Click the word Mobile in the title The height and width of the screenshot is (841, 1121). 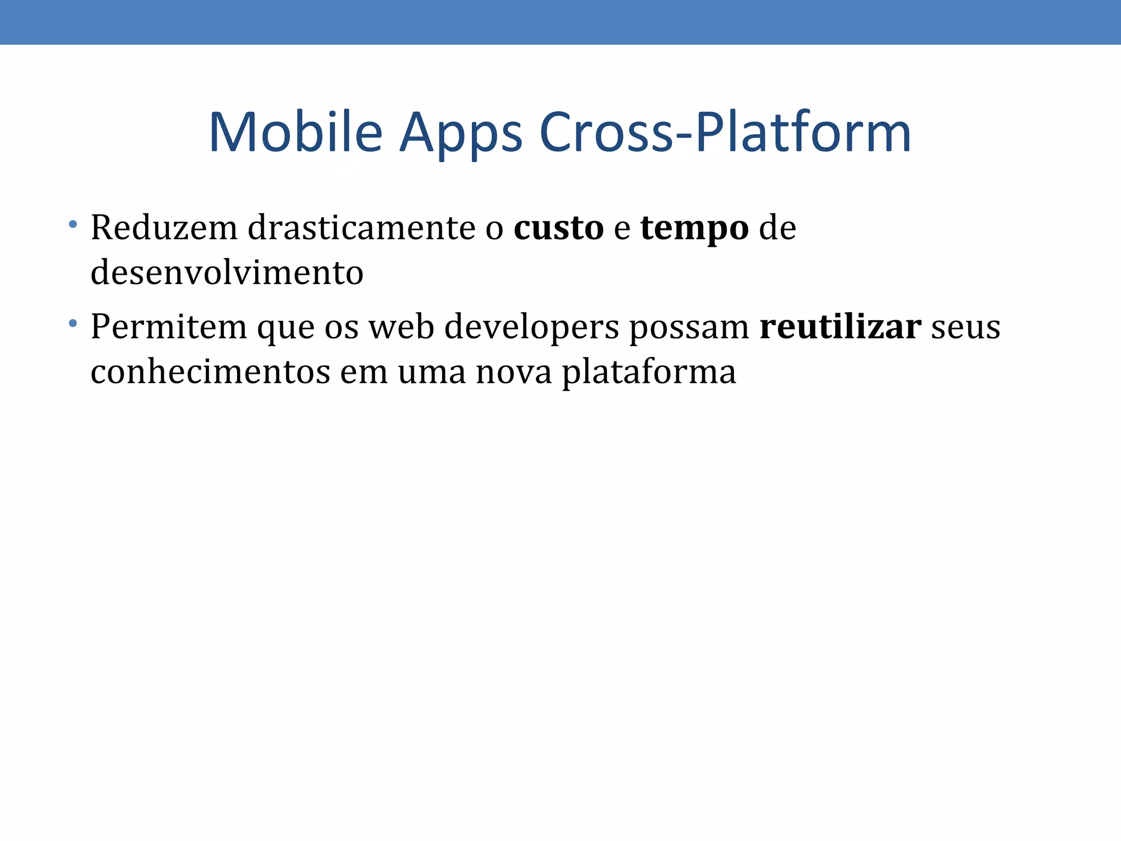point(295,133)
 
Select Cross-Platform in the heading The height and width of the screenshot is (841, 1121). point(725,133)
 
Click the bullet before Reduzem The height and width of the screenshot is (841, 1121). point(73,224)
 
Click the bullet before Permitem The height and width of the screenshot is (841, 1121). point(73,324)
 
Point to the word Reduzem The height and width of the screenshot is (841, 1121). point(164,227)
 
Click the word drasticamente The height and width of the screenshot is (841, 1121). point(361,227)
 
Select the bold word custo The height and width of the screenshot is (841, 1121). point(558,228)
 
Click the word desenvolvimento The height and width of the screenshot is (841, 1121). point(227,273)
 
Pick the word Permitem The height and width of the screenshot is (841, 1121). point(169,327)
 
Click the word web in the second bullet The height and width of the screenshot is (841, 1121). point(401,327)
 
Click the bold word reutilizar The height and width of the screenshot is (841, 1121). point(840,327)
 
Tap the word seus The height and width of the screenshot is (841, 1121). point(966,327)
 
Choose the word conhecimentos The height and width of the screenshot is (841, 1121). point(210,372)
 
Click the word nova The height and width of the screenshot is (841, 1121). point(513,372)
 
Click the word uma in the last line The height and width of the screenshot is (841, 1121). point(431,372)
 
